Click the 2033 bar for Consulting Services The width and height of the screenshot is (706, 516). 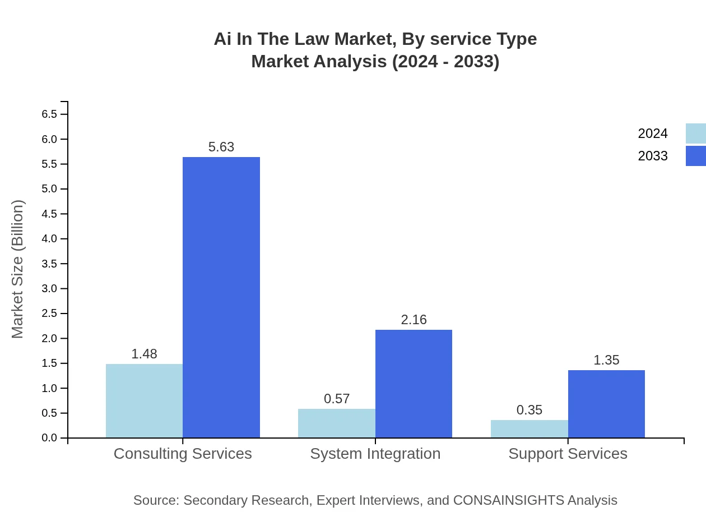click(221, 297)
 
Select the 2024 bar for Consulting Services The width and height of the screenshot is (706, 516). click(144, 400)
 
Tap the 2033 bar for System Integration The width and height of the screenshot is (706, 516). click(414, 384)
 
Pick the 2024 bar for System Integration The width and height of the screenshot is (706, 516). click(336, 423)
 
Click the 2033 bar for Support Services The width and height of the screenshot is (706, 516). click(606, 404)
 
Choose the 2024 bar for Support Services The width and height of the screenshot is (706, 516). click(529, 429)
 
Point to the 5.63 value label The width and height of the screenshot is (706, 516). click(221, 147)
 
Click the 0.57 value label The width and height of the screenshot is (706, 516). click(337, 399)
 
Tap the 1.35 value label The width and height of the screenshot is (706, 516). click(606, 360)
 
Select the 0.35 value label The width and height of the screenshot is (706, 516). click(529, 410)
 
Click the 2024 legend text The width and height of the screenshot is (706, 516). click(653, 133)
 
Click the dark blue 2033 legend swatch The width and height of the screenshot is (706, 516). click(696, 156)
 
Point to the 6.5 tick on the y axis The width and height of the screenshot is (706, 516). click(49, 114)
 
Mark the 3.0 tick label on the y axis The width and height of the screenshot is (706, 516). click(49, 289)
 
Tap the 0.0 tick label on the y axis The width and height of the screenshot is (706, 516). click(49, 438)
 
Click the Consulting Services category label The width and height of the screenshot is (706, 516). click(183, 454)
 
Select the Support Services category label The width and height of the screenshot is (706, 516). click(568, 454)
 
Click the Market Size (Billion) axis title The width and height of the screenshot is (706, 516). click(18, 269)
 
